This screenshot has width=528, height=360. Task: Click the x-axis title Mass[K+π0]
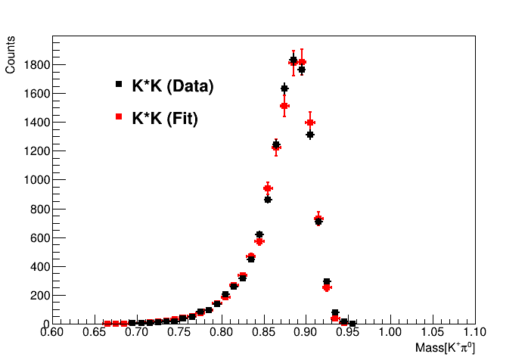[x=445, y=348]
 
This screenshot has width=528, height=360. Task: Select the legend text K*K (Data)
[x=172, y=86]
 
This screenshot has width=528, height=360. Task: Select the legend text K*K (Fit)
[x=164, y=118]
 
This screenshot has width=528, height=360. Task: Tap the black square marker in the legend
[x=119, y=85]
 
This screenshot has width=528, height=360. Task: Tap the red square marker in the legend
[x=119, y=116]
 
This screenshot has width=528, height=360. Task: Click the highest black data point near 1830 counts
[x=293, y=61]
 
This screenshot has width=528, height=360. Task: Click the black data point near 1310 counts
[x=310, y=135]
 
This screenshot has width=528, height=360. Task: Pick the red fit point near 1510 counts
[x=284, y=106]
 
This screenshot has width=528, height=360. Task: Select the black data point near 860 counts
[x=268, y=200]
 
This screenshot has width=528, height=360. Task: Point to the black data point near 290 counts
[x=327, y=281]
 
